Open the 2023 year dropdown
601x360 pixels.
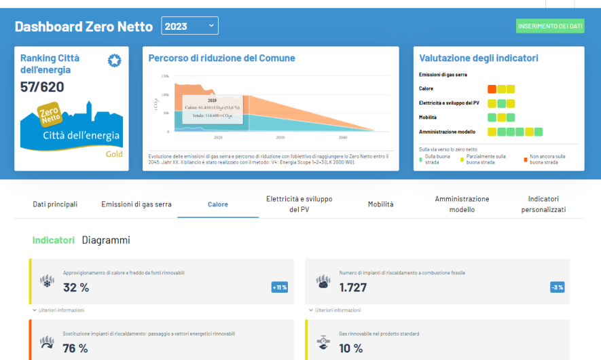pos(189,26)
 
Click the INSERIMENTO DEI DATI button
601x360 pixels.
pos(550,26)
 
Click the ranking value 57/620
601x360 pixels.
pos(43,87)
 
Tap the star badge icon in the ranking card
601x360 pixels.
pos(114,61)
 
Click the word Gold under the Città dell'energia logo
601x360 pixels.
pos(113,154)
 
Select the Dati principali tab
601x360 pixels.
pos(55,204)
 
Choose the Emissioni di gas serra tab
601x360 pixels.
pos(136,204)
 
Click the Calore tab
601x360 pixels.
pos(217,204)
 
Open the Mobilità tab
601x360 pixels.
pos(380,204)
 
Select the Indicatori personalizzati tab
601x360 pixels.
pos(543,204)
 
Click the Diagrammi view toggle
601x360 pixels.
pos(106,240)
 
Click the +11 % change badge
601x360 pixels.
pos(280,287)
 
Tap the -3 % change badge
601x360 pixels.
pos(557,287)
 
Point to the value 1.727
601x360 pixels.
pos(353,287)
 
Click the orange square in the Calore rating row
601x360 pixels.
pos(492,89)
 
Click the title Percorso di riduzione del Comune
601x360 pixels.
pos(221,58)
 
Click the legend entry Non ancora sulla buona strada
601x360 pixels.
pos(547,160)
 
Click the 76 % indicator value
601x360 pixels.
pos(75,348)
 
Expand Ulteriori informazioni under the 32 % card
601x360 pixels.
pos(60,310)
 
